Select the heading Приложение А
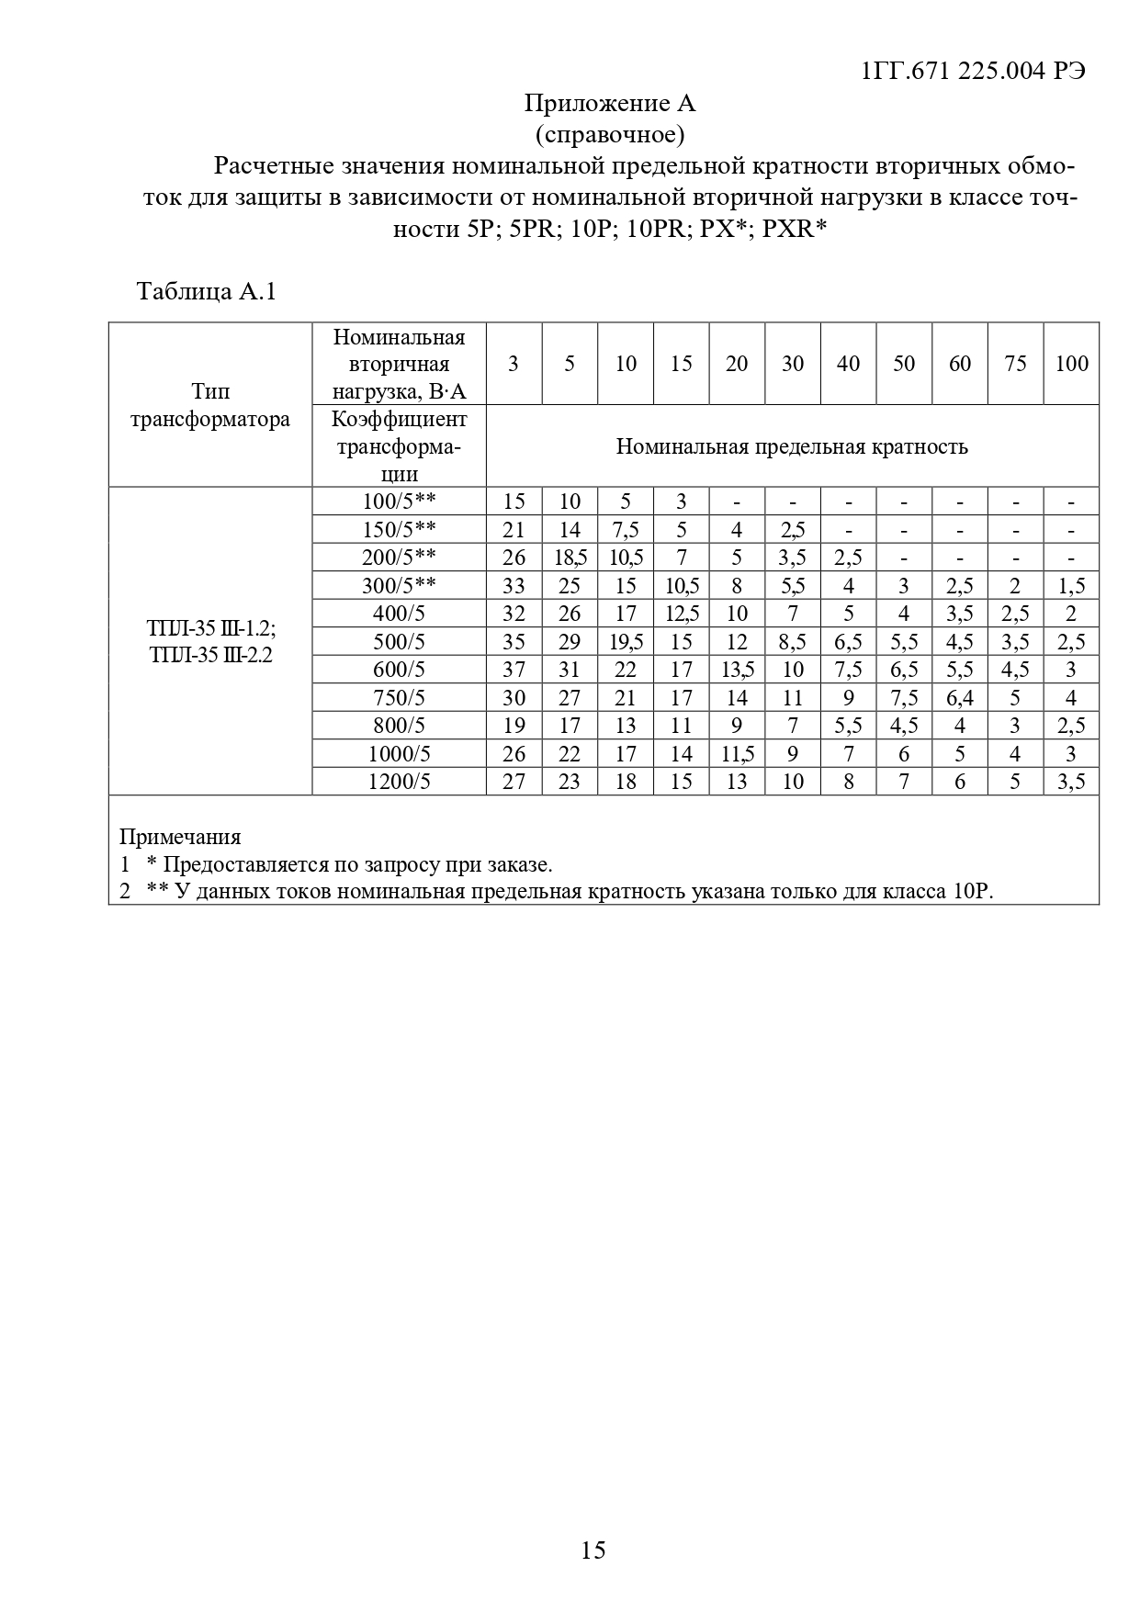pyautogui.click(x=609, y=103)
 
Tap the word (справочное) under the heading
pyautogui.click(x=609, y=135)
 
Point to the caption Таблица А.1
pyautogui.click(x=206, y=292)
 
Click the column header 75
pyautogui.click(x=1015, y=364)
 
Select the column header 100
pyautogui.click(x=1071, y=364)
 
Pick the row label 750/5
pyautogui.click(x=399, y=698)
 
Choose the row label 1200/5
pyautogui.click(x=399, y=782)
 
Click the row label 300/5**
pyautogui.click(x=399, y=586)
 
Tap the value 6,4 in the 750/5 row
pyautogui.click(x=960, y=698)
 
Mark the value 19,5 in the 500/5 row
pyautogui.click(x=626, y=642)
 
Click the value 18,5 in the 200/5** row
pyautogui.click(x=570, y=558)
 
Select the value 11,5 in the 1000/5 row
pyautogui.click(x=737, y=754)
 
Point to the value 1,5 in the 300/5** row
pyautogui.click(x=1071, y=586)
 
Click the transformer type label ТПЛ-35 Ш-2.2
pyautogui.click(x=210, y=656)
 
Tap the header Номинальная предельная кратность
pyautogui.click(x=792, y=447)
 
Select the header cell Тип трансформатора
pyautogui.click(x=210, y=406)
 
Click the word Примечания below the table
pyautogui.click(x=180, y=837)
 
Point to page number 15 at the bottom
pyautogui.click(x=593, y=1550)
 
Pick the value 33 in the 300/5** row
pyautogui.click(x=514, y=586)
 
